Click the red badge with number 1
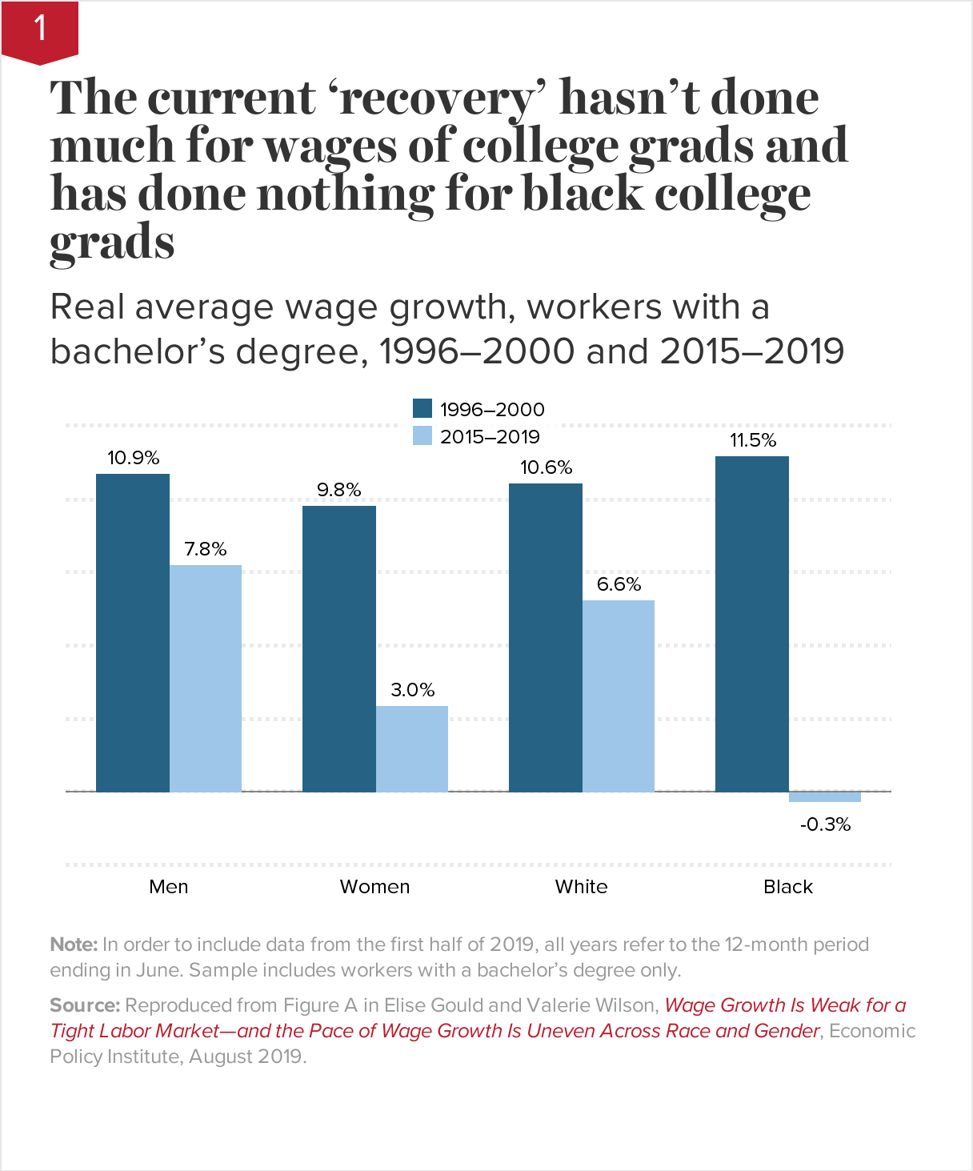pos(39,30)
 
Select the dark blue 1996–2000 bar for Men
pos(133,632)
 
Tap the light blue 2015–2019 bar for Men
pos(206,678)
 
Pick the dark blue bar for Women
pos(339,648)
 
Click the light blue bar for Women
pos(412,748)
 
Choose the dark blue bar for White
pos(546,637)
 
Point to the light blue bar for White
pos(619,696)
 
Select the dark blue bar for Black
pos(752,624)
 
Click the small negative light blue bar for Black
pos(825,796)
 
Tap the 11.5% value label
pos(753,440)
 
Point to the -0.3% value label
pos(825,824)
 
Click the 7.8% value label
pos(206,549)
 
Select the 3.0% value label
pos(412,690)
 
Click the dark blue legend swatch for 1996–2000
pos(422,408)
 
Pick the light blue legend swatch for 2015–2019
pos(422,436)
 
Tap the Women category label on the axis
pos(374,887)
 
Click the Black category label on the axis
pos(788,887)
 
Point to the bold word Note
pos(74,944)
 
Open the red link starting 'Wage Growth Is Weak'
pos(785,1005)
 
